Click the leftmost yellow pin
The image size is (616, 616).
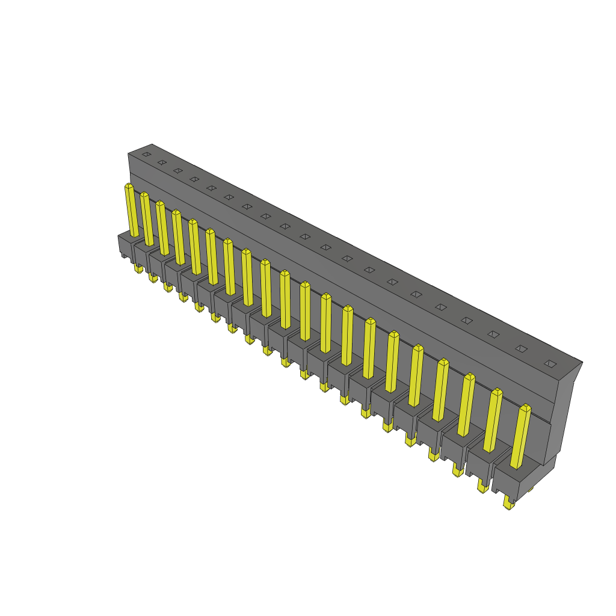131,211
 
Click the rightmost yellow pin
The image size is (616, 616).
520,436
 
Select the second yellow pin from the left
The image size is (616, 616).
147,219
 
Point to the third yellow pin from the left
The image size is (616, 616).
162,228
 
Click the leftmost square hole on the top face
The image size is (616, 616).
146,154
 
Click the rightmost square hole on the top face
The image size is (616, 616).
550,363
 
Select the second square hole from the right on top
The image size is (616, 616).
522,348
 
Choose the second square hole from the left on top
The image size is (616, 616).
162,162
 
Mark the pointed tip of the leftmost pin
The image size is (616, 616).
129,186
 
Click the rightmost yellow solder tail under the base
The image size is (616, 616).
510,504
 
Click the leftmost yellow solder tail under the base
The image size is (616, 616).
138,268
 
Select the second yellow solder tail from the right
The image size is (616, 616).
483,487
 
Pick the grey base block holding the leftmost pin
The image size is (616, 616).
125,244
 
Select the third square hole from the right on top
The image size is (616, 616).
493,334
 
